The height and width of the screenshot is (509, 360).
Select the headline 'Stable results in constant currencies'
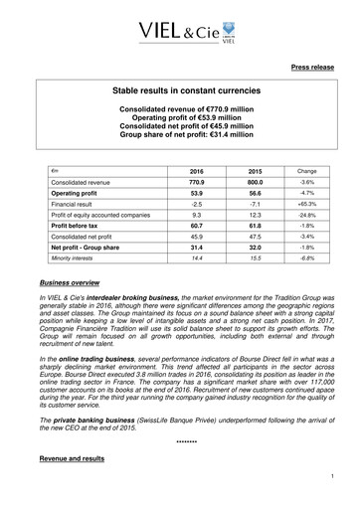181,89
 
